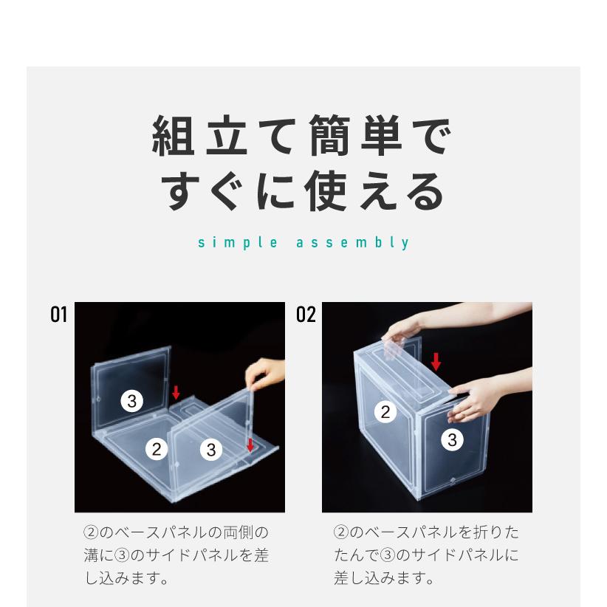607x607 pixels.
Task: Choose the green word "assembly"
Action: click(x=352, y=243)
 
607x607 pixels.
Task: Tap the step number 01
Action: click(x=58, y=315)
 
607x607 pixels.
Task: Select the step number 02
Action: click(x=306, y=315)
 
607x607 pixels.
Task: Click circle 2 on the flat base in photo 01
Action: click(x=156, y=447)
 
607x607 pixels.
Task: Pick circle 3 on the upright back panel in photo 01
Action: click(x=131, y=401)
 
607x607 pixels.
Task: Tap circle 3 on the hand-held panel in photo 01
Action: click(x=211, y=447)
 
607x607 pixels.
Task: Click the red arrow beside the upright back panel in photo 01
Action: click(x=176, y=392)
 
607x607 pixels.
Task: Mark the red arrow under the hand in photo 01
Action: click(x=250, y=445)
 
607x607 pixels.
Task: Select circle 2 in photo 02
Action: click(x=384, y=412)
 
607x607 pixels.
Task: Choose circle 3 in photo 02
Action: click(x=452, y=440)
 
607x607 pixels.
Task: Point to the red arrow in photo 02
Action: click(x=436, y=361)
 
